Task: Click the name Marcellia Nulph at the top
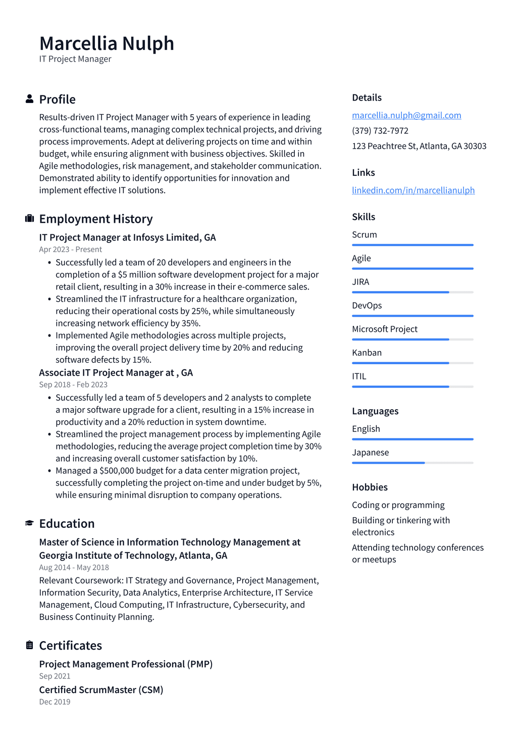click(107, 43)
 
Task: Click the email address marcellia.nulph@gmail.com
click(406, 115)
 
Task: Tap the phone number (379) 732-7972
click(380, 130)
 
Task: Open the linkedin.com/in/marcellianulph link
click(413, 190)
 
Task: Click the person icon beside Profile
click(29, 99)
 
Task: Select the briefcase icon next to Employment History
click(29, 218)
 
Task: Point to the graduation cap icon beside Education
click(29, 523)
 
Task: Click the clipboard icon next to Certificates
click(29, 645)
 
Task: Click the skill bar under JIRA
click(412, 292)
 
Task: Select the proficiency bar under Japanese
click(412, 463)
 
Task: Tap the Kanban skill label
click(367, 353)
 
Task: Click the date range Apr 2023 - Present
click(70, 250)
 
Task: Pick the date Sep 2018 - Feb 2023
click(73, 384)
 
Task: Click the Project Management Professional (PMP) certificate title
click(126, 664)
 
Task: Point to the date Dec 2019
click(55, 702)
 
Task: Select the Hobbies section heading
click(370, 487)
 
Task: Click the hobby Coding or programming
click(398, 505)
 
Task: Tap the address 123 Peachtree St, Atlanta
click(419, 146)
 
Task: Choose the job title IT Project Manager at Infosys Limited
click(127, 237)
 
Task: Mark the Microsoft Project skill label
click(384, 329)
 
